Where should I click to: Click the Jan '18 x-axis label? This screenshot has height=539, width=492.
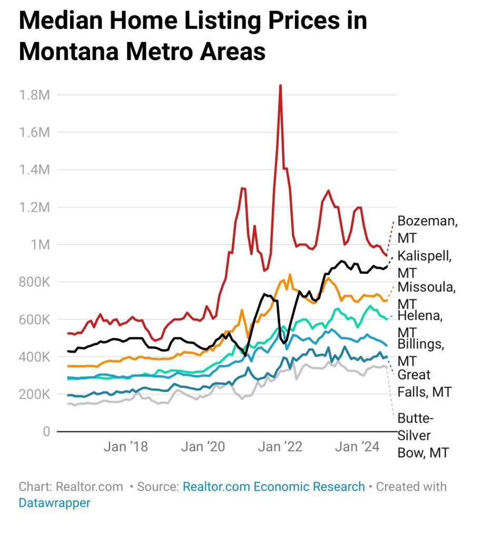pyautogui.click(x=126, y=447)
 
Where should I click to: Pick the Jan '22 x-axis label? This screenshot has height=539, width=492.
pyautogui.click(x=281, y=447)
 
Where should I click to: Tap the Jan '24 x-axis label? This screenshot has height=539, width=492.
pyautogui.click(x=358, y=447)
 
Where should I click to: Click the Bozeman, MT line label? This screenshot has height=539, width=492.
pyautogui.click(x=427, y=229)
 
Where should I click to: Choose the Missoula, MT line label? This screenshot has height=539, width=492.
pyautogui.click(x=426, y=295)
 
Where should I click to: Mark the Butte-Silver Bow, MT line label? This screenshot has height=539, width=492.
pyautogui.click(x=422, y=435)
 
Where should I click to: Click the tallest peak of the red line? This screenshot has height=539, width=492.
pyautogui.click(x=280, y=85)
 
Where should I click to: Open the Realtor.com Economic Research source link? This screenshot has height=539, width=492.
pyautogui.click(x=273, y=486)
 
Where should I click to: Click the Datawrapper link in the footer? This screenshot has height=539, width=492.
pyautogui.click(x=54, y=503)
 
